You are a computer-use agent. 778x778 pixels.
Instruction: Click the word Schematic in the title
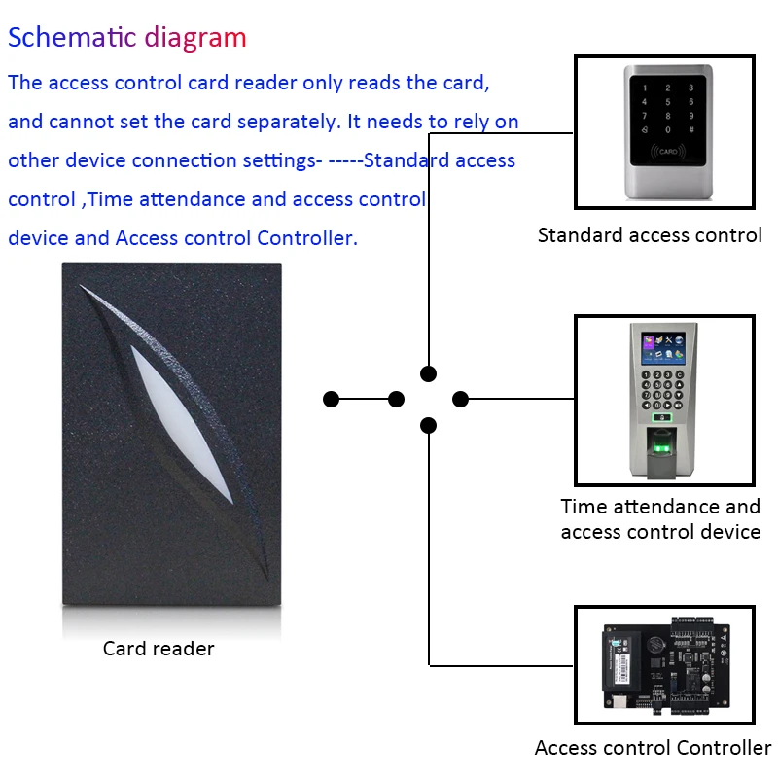point(72,38)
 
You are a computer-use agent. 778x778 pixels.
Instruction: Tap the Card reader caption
point(159,649)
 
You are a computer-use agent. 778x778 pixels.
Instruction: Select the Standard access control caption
point(650,235)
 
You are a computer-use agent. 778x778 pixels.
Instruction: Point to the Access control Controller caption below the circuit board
point(653,748)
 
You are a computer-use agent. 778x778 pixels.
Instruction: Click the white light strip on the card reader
point(182,425)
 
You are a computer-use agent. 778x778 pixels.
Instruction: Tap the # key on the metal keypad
point(691,130)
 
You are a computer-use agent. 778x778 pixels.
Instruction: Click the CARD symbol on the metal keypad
point(668,151)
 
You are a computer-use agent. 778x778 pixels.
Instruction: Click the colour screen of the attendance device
point(663,347)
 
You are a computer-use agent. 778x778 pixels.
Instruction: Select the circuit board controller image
point(665,665)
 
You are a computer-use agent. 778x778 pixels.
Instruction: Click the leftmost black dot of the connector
point(331,399)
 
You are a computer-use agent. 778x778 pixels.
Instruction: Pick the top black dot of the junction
point(428,373)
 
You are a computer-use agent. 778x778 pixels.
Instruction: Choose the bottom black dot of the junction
point(428,425)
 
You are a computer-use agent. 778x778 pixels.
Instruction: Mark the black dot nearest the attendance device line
point(460,399)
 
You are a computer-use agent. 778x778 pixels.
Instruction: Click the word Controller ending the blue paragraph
point(307,238)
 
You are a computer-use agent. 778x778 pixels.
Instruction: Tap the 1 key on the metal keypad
point(645,88)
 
